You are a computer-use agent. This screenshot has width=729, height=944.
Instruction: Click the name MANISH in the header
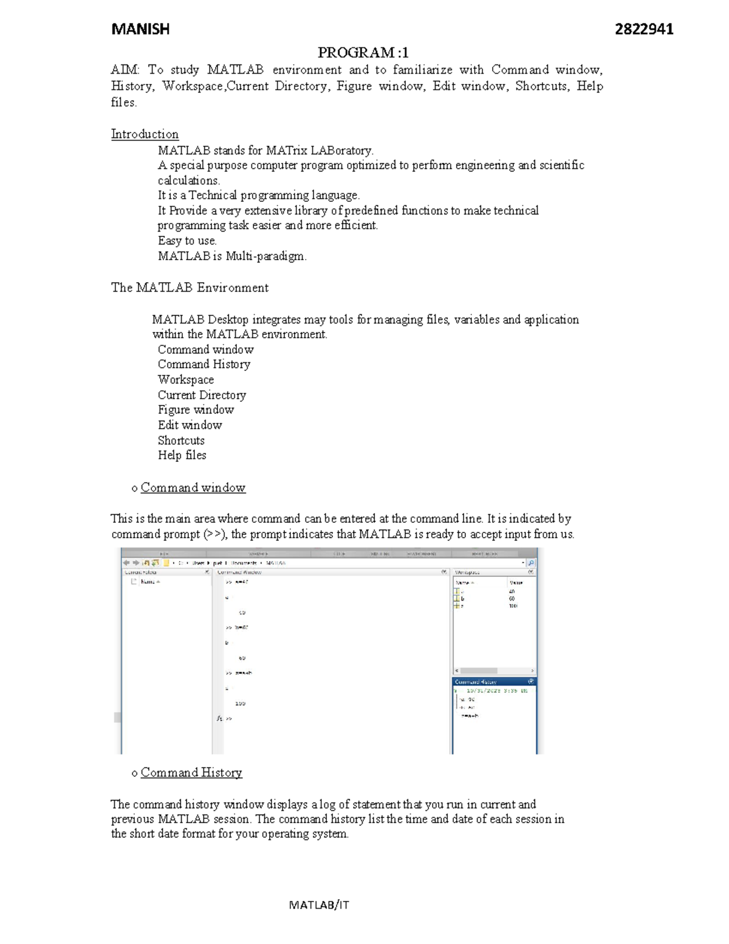tap(140, 29)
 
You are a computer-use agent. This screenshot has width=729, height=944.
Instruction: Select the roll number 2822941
tap(644, 29)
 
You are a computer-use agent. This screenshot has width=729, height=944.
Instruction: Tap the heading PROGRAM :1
tap(363, 52)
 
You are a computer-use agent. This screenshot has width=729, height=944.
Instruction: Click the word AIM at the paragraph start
tap(124, 70)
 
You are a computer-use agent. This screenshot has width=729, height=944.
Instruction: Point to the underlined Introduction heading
tap(145, 134)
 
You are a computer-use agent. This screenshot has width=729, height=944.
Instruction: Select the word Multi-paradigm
tap(265, 256)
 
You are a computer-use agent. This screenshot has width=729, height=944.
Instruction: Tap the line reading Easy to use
tap(187, 241)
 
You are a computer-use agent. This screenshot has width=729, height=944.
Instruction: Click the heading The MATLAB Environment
tap(190, 288)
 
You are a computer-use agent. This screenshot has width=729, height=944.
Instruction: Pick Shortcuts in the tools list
tap(181, 441)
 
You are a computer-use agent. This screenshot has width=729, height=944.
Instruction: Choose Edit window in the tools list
tap(190, 425)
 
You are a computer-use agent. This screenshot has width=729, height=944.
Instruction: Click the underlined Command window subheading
tap(193, 488)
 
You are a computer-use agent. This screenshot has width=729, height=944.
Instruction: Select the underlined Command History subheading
tap(191, 773)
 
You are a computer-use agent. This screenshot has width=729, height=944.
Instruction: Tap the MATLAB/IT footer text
tap(319, 905)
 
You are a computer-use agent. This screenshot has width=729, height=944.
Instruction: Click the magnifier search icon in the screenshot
tap(531, 563)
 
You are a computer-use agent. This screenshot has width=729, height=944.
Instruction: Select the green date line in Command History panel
tap(496, 691)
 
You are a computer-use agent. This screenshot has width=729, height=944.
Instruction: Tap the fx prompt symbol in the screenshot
tap(219, 718)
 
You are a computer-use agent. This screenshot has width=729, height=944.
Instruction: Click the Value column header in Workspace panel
tap(516, 582)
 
